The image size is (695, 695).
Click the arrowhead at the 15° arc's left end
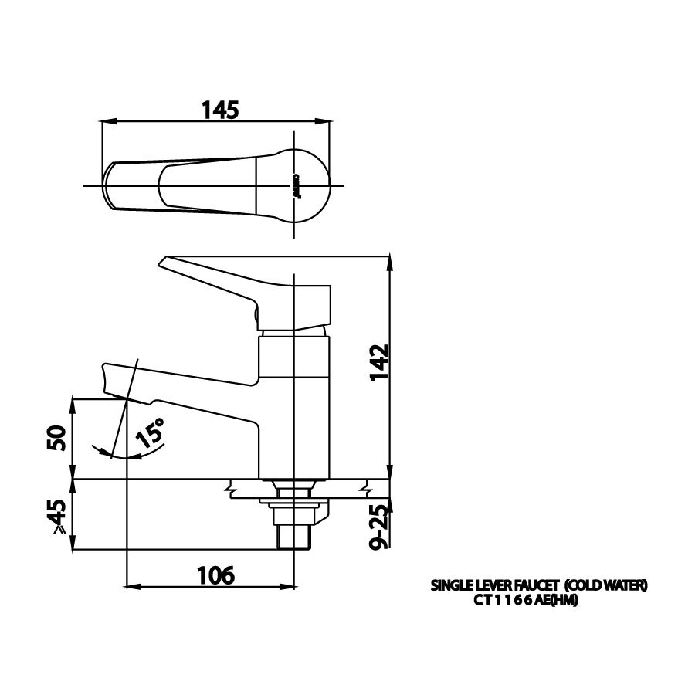[94, 448]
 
